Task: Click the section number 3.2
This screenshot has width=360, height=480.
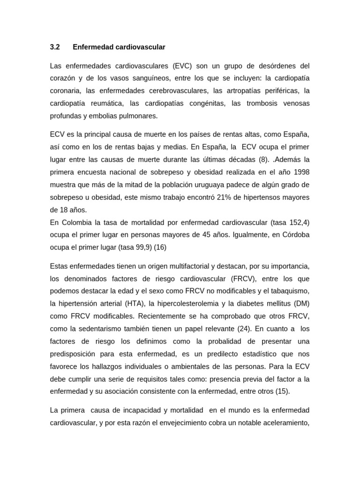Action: [55, 47]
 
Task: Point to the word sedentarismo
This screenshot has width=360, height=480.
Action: [101, 329]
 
